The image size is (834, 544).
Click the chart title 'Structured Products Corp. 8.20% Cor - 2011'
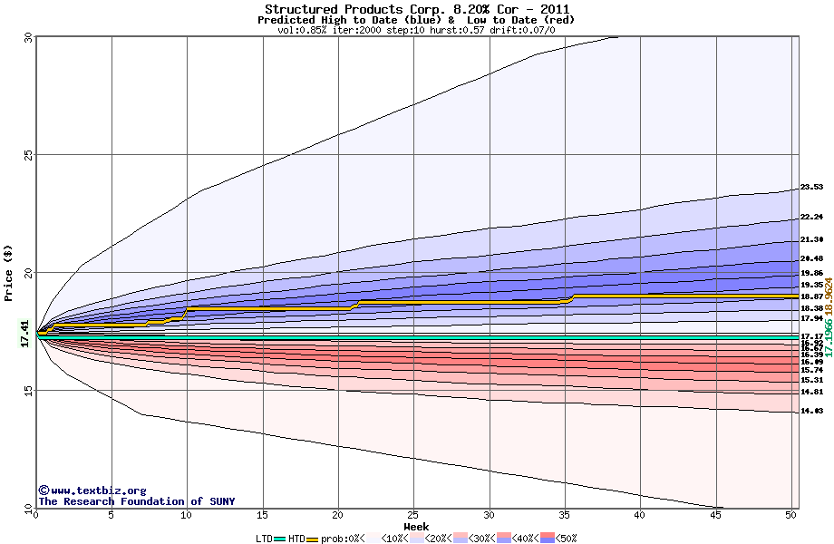(x=416, y=9)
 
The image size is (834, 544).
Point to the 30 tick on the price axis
(x=28, y=37)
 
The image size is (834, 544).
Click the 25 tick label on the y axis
(x=28, y=155)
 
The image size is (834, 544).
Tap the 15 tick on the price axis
(x=28, y=391)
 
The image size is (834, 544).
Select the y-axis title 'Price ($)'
(x=9, y=273)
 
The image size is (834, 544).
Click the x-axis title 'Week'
(x=416, y=526)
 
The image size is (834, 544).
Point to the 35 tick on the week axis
(x=565, y=515)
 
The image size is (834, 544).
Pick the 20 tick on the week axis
(x=338, y=515)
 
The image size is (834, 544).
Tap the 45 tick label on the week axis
(x=716, y=515)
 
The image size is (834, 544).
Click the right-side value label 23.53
(x=811, y=188)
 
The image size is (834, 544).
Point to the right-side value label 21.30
(x=811, y=239)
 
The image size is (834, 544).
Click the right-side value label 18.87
(x=811, y=296)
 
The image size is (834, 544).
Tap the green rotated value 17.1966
(x=829, y=336)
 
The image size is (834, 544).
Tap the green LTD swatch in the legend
(x=279, y=539)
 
